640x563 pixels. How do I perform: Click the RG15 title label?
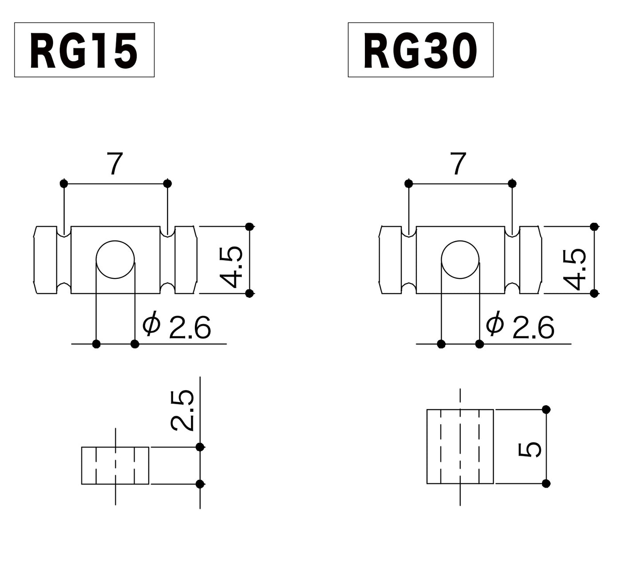point(84,50)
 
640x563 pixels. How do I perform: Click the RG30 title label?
point(420,50)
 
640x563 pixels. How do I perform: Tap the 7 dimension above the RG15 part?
point(114,164)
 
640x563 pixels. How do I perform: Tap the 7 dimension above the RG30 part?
point(458,164)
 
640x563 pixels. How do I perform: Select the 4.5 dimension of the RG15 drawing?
point(232,267)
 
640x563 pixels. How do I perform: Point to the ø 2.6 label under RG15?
point(177,327)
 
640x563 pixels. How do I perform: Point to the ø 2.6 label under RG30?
point(520,327)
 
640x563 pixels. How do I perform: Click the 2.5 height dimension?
point(182,410)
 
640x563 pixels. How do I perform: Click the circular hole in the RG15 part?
point(115,260)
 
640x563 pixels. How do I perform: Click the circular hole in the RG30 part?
point(460,260)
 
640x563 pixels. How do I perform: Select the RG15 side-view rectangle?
point(115,465)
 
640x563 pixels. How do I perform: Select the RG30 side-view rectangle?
point(460,446)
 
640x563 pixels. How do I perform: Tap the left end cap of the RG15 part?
point(46,260)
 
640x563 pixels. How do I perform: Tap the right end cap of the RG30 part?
point(530,260)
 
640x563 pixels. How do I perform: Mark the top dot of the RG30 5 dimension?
point(546,409)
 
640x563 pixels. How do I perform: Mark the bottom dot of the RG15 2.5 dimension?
point(200,484)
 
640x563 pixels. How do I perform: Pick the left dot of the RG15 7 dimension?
point(64,183)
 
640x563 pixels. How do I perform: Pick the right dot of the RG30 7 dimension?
point(512,183)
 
